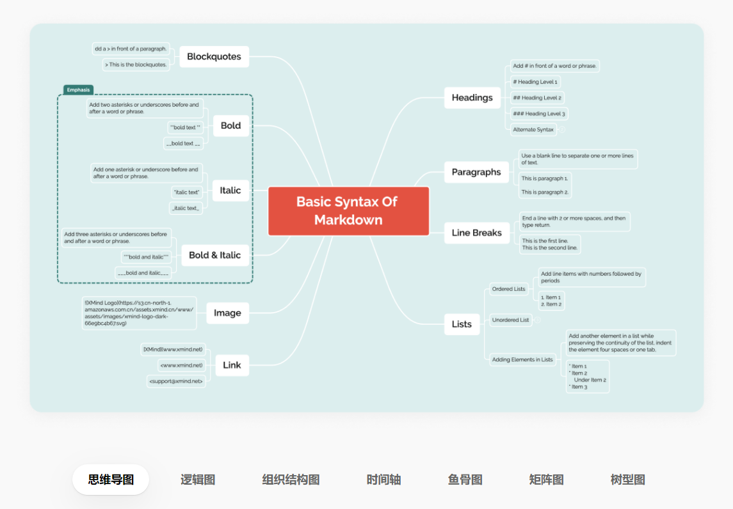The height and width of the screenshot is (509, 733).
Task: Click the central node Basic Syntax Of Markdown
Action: point(348,211)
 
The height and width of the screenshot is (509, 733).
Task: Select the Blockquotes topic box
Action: point(214,56)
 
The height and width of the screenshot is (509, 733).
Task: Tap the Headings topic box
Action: point(472,98)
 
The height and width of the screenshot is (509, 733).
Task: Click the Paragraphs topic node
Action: point(476,172)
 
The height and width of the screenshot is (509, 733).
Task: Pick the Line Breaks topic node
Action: point(476,233)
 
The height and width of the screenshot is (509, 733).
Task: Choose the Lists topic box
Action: point(462,324)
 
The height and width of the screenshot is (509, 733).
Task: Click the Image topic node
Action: point(227,313)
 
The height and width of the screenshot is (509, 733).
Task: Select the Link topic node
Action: point(232,365)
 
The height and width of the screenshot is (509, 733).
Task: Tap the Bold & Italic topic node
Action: point(214,255)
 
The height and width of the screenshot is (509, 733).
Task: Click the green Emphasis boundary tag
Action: point(78,90)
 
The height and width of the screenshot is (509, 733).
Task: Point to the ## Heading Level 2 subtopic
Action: point(538,98)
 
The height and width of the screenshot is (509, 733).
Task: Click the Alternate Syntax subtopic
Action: point(533,129)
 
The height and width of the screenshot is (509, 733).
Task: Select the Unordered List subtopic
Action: point(510,320)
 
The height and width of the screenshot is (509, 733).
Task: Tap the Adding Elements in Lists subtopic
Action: point(522,359)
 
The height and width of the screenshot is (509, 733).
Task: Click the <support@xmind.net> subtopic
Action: point(176,381)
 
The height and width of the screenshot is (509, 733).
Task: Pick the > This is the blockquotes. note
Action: point(136,65)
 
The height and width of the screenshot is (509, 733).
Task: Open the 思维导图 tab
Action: point(111,480)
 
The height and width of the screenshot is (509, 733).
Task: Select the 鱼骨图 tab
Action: point(465,480)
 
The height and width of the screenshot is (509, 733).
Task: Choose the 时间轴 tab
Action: point(383,480)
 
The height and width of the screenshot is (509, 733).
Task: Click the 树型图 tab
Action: point(627,480)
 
